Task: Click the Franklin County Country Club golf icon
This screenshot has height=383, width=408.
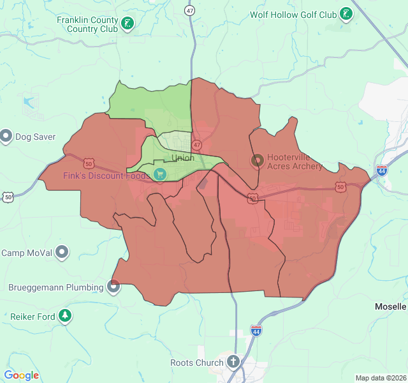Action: tap(127, 24)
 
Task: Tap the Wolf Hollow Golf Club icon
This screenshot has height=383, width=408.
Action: tap(346, 14)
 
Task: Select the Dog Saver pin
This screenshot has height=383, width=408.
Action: tap(6, 136)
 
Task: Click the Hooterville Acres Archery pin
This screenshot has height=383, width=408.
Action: tap(258, 161)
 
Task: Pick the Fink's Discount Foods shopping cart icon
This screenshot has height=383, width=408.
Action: tap(159, 174)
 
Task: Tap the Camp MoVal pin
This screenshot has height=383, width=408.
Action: tap(62, 252)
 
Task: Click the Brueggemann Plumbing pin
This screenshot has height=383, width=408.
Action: tap(113, 287)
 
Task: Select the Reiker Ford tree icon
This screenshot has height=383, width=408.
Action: tap(64, 315)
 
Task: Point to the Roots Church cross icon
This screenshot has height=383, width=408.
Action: tap(233, 363)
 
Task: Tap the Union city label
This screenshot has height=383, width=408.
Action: tap(183, 158)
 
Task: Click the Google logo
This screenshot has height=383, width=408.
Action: tap(21, 375)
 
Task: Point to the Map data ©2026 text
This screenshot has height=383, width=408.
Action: tap(381, 378)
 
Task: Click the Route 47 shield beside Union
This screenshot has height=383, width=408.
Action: tap(197, 145)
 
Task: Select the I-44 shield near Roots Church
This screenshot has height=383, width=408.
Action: tap(256, 331)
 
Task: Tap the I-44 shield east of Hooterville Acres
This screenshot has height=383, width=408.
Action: tap(381, 170)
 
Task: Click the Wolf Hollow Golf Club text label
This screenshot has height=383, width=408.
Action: tap(293, 14)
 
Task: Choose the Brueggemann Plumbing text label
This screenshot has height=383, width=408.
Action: tap(56, 287)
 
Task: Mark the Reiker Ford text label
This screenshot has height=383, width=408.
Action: tap(33, 316)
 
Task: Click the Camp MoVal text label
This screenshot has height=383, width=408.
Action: tap(27, 253)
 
